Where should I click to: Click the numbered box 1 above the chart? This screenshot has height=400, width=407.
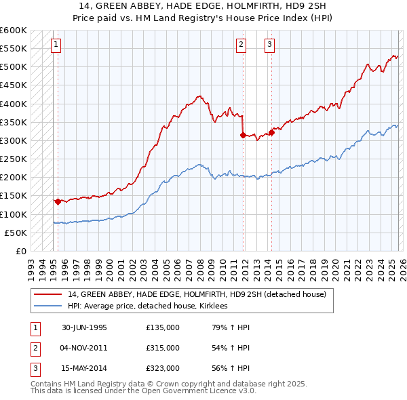click(x=56, y=45)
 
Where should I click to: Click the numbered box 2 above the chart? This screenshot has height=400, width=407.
click(x=241, y=45)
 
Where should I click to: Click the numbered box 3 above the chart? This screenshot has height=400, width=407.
click(x=269, y=45)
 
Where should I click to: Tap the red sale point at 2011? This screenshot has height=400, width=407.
click(x=243, y=135)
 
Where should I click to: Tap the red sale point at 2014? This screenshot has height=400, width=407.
click(x=271, y=132)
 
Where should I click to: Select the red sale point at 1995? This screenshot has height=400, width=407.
click(x=58, y=201)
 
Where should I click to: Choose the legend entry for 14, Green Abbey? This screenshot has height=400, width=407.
click(x=197, y=294)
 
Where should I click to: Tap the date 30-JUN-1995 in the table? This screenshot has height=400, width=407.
click(x=84, y=327)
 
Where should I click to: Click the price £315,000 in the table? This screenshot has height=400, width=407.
click(x=162, y=347)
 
